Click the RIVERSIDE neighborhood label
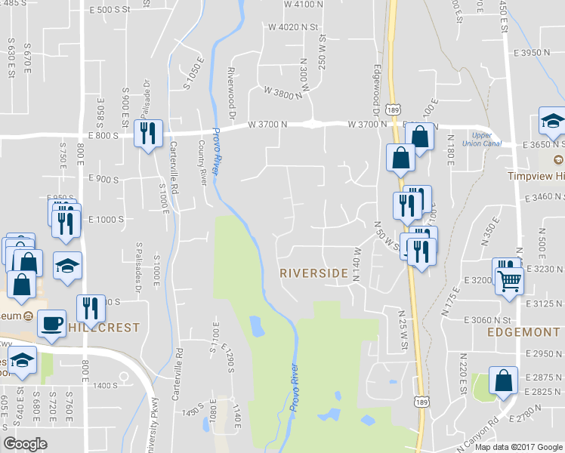(x=315, y=273)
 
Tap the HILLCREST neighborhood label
(x=103, y=328)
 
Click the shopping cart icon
(x=511, y=280)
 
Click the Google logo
(x=26, y=443)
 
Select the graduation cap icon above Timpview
(x=552, y=121)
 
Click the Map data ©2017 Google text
(x=518, y=446)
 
